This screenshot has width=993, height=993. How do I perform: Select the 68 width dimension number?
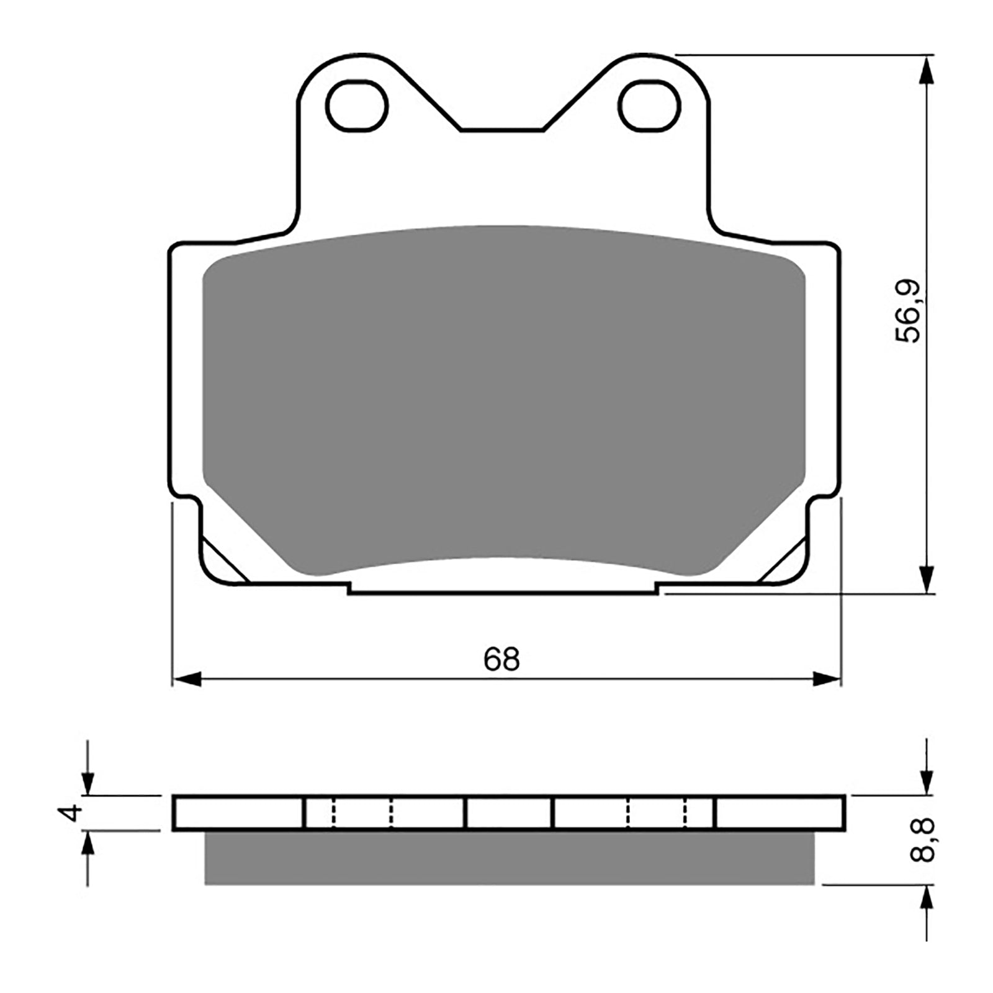pos(501,659)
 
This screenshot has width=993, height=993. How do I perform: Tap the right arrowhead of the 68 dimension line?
pos(827,679)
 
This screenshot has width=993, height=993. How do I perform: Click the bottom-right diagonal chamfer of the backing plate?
pos(783,561)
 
